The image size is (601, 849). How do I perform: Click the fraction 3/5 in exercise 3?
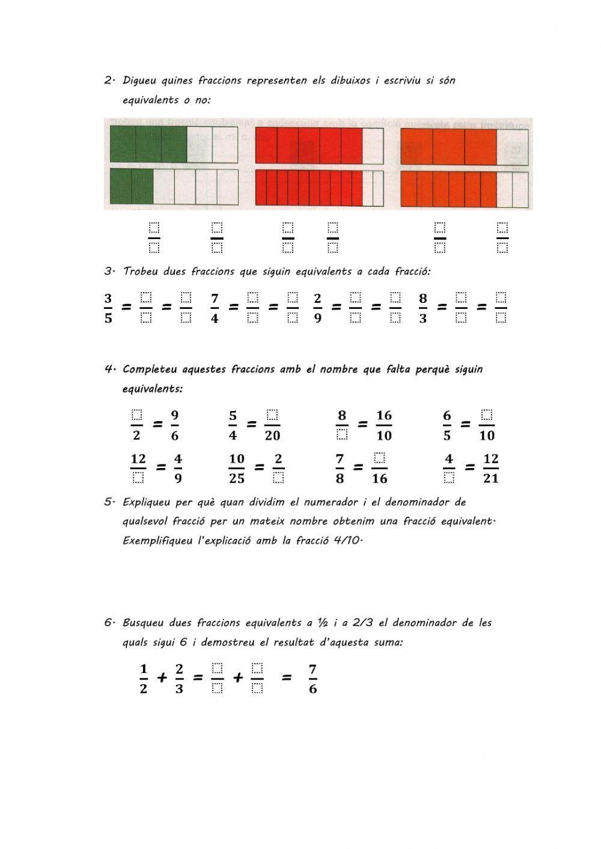pyautogui.click(x=108, y=308)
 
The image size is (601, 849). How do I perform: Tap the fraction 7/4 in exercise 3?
pyautogui.click(x=215, y=308)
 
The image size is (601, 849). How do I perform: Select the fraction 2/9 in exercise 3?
pyautogui.click(x=317, y=308)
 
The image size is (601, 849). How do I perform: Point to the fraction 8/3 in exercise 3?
pyautogui.click(x=423, y=308)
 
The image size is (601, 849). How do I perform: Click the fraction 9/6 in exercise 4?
pyautogui.click(x=174, y=425)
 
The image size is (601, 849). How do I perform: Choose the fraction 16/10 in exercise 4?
pyautogui.click(x=383, y=425)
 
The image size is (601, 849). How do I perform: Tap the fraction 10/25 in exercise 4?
pyautogui.click(x=237, y=468)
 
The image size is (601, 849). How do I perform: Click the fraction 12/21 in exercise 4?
pyautogui.click(x=490, y=468)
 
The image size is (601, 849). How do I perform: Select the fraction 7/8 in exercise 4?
pyautogui.click(x=340, y=468)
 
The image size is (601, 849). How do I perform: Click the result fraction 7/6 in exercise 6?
pyautogui.click(x=313, y=679)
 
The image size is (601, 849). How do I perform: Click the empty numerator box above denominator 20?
pyautogui.click(x=272, y=415)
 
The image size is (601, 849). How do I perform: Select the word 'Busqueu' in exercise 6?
pyautogui.click(x=143, y=623)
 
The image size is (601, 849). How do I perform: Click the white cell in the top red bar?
pyautogui.click(x=373, y=145)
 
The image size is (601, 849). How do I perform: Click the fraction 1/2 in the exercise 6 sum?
pyautogui.click(x=143, y=679)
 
